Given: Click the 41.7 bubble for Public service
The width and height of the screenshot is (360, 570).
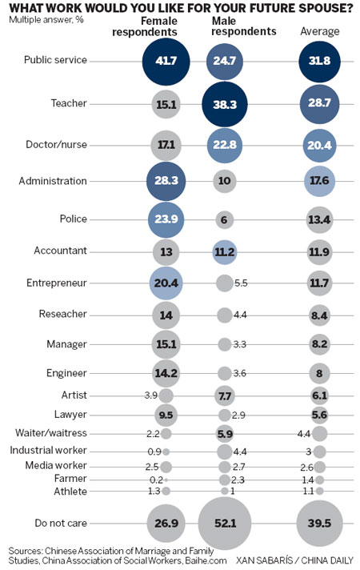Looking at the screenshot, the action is (x=166, y=62).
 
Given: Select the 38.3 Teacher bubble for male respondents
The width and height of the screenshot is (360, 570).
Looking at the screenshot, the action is (x=225, y=104).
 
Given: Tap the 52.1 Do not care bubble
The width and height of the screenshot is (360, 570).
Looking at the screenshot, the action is (x=225, y=523).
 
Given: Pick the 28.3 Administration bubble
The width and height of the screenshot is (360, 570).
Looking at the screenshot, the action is (x=166, y=181).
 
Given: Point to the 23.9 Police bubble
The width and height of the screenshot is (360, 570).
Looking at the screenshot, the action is (x=166, y=219).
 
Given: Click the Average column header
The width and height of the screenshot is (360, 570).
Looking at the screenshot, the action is (x=320, y=32).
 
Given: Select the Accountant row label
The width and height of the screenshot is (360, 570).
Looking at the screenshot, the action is (x=60, y=251).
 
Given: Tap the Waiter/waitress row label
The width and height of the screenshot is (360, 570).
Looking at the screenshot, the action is (x=51, y=433).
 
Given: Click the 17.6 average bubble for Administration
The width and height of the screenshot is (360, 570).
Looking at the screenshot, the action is (x=319, y=181).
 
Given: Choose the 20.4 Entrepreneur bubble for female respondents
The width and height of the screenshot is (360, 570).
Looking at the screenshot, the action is (x=166, y=283).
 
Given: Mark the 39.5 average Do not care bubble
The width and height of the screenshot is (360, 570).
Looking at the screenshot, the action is (x=319, y=523).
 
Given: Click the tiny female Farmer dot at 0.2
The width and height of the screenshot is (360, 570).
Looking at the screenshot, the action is (x=166, y=480).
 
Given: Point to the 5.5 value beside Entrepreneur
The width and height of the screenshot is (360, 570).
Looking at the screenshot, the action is (x=241, y=283).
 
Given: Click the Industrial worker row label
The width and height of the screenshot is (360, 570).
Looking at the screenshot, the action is (x=48, y=450).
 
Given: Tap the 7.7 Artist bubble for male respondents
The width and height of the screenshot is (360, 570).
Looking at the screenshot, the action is (x=225, y=395).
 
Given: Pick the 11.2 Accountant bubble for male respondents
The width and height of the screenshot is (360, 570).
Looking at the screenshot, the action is (x=225, y=252).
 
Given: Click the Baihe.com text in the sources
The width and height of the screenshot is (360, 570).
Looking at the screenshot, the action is (x=206, y=560).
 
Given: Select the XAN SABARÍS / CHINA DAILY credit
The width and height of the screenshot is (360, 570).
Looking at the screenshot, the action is (x=294, y=560).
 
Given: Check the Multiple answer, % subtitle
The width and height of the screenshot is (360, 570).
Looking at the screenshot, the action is (x=46, y=20).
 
